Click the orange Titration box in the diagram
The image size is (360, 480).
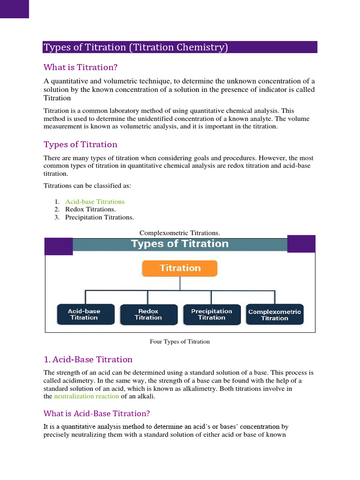[x=180, y=268]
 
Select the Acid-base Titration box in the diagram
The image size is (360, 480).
[x=84, y=314]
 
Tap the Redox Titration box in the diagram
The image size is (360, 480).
[x=149, y=314]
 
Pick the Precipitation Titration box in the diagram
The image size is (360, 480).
[x=211, y=314]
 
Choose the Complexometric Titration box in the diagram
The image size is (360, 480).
[x=275, y=315]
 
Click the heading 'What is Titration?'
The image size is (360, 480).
[x=81, y=67]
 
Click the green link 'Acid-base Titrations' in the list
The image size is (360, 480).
[x=95, y=202]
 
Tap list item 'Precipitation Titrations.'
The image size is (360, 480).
[x=99, y=217]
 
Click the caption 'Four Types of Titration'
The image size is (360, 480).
[x=180, y=342]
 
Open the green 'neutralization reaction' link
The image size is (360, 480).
[x=87, y=397]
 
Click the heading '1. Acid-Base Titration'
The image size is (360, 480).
[x=88, y=360]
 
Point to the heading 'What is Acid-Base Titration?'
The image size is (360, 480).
[x=97, y=413]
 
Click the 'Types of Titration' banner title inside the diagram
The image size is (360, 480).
[x=180, y=244]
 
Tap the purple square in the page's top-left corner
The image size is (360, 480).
[x=15, y=9]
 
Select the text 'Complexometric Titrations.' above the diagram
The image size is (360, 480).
[x=180, y=233]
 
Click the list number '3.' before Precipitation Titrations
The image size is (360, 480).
[x=57, y=217]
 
